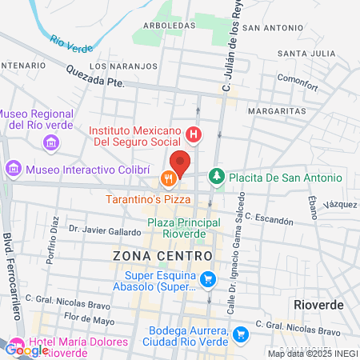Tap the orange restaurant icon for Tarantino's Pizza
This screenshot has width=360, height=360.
coord(167,178)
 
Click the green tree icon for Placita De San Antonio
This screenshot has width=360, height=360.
coord(216,176)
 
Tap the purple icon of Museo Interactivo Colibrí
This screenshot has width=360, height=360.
coord(13,170)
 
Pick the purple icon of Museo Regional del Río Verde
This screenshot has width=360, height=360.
coord(51,143)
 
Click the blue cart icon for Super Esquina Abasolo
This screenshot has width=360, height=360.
coord(208,279)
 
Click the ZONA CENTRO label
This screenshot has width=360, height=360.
coord(162,255)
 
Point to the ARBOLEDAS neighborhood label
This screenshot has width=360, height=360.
coord(166,25)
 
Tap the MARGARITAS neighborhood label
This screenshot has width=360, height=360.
coord(276,110)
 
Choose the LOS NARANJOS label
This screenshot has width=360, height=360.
coord(118,66)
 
